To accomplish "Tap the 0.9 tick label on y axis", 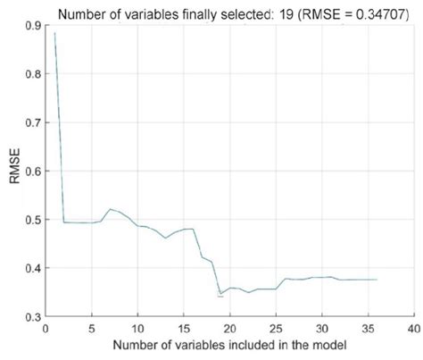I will [x=32, y=25].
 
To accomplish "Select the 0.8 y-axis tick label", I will [x=32, y=74].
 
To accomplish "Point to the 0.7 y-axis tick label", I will [x=32, y=122].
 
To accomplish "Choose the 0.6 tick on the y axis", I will [x=32, y=171].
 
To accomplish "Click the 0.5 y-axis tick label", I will [x=32, y=220].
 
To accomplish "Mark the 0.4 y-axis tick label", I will [x=32, y=268].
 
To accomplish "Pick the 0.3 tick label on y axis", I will [x=32, y=316].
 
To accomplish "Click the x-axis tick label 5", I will [x=92, y=329].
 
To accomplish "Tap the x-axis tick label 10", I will [x=137, y=329].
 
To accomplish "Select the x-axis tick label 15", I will [x=184, y=329].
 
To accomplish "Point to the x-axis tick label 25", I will [x=276, y=329].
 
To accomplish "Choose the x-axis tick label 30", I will [x=322, y=329].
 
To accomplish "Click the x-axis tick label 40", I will [x=414, y=329].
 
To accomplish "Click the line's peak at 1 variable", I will [x=55, y=34].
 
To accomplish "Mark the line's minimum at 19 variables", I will [x=220, y=293].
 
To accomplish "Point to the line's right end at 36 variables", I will [x=377, y=280].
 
